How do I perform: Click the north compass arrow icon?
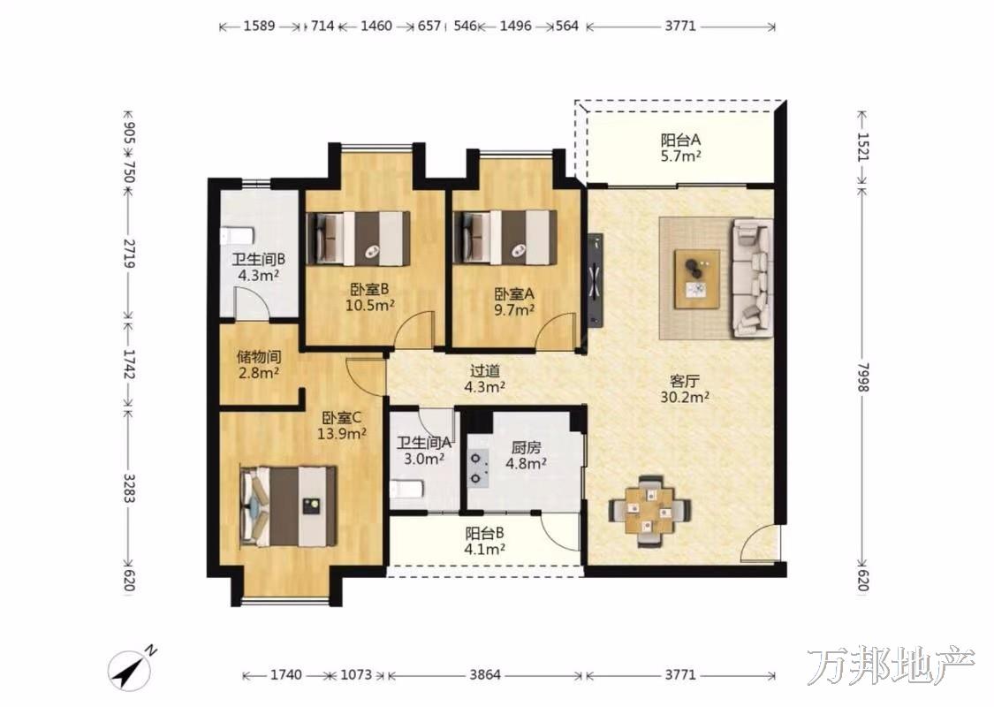(132, 670)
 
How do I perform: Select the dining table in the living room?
(649, 510)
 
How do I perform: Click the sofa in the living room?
(753, 277)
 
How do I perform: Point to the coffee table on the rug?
(697, 279)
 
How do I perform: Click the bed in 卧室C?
(288, 506)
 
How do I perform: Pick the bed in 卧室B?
(358, 239)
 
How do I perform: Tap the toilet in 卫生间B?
(237, 236)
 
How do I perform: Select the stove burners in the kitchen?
(479, 468)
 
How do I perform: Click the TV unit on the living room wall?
(595, 279)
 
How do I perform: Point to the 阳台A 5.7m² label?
(681, 148)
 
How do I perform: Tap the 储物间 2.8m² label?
(259, 365)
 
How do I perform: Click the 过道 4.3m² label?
(485, 378)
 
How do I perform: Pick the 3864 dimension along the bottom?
(485, 674)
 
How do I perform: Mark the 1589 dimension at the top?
(259, 26)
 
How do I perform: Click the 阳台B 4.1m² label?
(484, 541)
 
